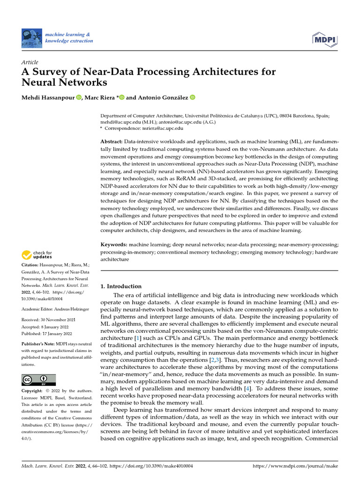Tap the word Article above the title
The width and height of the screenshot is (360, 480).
pos(30,62)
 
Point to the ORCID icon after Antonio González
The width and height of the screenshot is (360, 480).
pos(192,97)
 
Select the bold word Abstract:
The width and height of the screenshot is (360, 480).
pos(112,142)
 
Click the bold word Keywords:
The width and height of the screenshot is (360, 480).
pos(114,245)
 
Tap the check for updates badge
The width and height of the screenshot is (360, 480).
pos(37,255)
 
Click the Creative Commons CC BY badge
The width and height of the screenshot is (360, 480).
pos(38,379)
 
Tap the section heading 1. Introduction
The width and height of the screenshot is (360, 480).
pos(121,286)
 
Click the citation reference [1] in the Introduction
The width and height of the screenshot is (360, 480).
pos(137,338)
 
